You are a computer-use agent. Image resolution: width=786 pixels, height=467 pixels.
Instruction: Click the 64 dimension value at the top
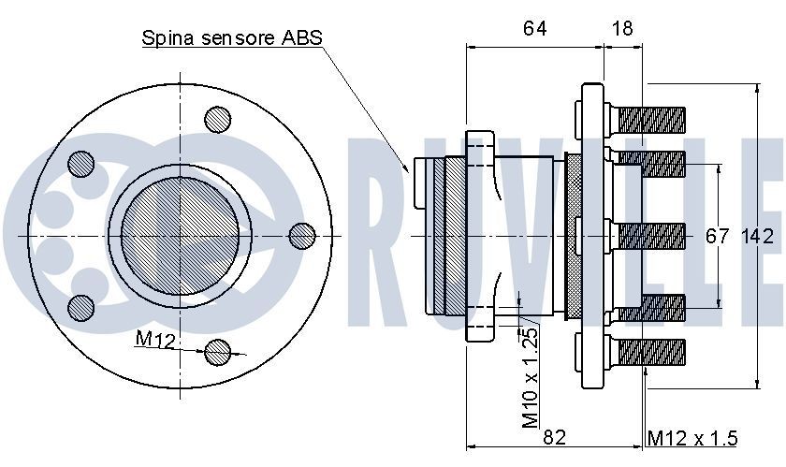pyautogui.click(x=534, y=28)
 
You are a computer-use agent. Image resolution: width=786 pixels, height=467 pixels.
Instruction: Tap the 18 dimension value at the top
pyautogui.click(x=622, y=28)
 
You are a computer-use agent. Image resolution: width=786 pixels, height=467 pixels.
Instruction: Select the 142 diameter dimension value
pyautogui.click(x=757, y=236)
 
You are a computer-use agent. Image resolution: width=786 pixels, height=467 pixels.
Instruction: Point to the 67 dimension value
pyautogui.click(x=717, y=236)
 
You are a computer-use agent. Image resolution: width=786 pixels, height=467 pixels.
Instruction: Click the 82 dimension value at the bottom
pyautogui.click(x=554, y=437)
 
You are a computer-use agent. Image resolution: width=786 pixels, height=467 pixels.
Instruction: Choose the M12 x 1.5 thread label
pyautogui.click(x=692, y=438)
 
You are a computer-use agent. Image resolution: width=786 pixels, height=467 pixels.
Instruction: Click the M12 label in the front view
pyautogui.click(x=155, y=340)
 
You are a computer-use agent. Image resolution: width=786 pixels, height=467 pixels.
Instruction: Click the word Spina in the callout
pyautogui.click(x=167, y=38)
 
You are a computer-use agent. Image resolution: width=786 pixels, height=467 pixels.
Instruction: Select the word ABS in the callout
pyautogui.click(x=301, y=37)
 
